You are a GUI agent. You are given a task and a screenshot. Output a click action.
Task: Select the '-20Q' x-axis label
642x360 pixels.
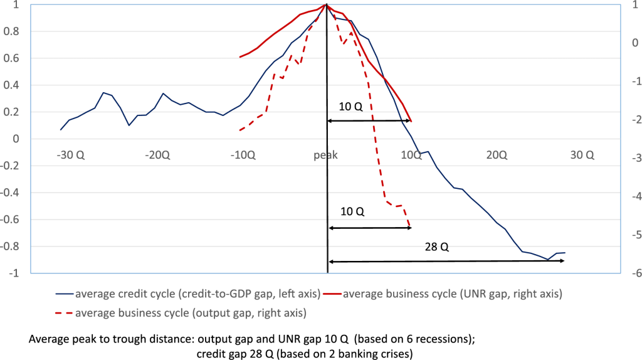tap(156, 155)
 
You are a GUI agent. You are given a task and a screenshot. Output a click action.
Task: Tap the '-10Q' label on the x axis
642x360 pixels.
tap(242, 155)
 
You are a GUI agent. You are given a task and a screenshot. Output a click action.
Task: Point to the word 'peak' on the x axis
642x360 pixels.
tap(326, 155)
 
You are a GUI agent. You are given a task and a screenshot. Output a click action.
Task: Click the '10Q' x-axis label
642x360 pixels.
tap(411, 155)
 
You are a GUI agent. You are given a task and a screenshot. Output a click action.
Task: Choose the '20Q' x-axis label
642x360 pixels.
tap(497, 155)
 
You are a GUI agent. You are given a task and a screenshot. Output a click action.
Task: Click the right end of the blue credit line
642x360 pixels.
tap(565, 253)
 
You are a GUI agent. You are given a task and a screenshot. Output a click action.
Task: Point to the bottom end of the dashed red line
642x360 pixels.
tap(410, 226)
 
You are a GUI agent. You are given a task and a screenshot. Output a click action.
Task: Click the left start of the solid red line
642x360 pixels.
tap(240, 57)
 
